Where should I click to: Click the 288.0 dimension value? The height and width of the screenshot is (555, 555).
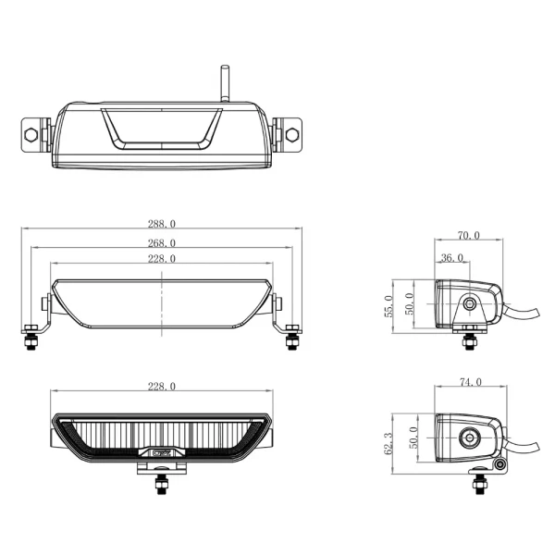[161, 224]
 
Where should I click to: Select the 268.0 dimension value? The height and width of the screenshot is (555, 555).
[161, 243]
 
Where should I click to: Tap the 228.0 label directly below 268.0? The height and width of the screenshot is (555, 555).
[161, 259]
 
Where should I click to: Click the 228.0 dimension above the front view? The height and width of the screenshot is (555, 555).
[161, 386]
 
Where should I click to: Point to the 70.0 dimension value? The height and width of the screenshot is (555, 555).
[468, 236]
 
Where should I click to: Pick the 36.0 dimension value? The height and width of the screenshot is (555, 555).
[453, 258]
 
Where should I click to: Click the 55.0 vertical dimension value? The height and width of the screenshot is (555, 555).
[388, 304]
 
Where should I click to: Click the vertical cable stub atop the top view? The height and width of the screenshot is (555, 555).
[223, 83]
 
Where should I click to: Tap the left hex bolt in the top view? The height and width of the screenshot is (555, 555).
[33, 134]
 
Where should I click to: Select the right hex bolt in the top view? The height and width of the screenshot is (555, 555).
[292, 134]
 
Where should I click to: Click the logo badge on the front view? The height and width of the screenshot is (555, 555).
[161, 454]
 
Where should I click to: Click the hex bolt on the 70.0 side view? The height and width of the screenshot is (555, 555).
[471, 303]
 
